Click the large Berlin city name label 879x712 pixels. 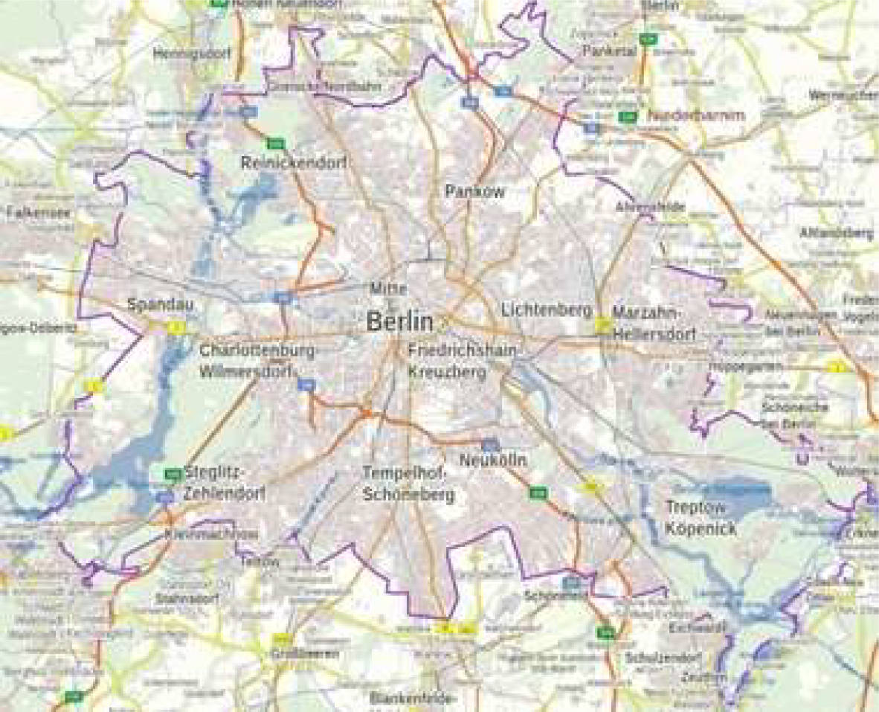(x=399, y=321)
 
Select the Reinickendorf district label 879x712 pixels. (x=294, y=164)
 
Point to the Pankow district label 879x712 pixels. (x=474, y=191)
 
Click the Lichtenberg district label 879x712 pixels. (x=547, y=309)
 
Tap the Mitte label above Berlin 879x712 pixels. (x=386, y=287)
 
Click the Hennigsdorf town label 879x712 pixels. (x=192, y=54)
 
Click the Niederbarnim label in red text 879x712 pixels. (x=696, y=115)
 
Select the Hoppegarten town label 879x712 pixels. (x=733, y=368)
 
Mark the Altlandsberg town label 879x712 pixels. (x=836, y=234)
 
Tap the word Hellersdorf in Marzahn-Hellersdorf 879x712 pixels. (x=654, y=335)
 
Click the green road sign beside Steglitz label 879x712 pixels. (x=173, y=474)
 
